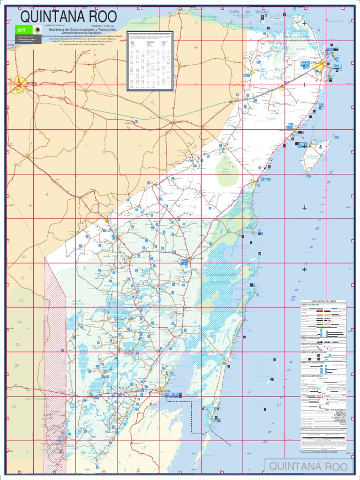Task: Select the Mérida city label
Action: coord(31,83)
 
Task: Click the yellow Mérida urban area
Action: coord(19,83)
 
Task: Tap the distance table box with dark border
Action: coord(150,61)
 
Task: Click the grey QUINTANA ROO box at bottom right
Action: coord(309,466)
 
